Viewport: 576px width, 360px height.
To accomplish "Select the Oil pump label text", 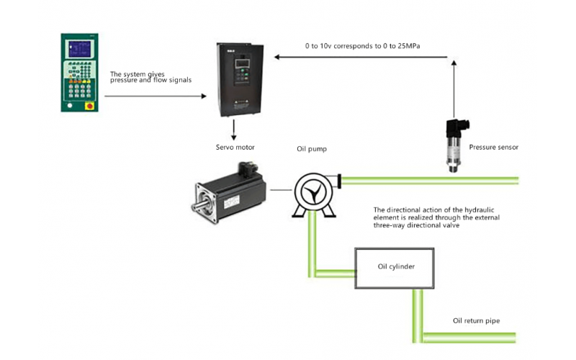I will tap(312, 150).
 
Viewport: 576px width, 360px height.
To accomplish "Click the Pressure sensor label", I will tap(493, 147).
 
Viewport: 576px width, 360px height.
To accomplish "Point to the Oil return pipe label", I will tap(476, 320).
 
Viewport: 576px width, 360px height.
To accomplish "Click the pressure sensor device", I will tap(455, 144).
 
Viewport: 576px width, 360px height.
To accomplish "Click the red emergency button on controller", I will tap(89, 106).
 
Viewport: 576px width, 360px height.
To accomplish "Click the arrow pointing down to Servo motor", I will tap(233, 130).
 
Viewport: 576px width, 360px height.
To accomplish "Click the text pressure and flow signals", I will tap(150, 81).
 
